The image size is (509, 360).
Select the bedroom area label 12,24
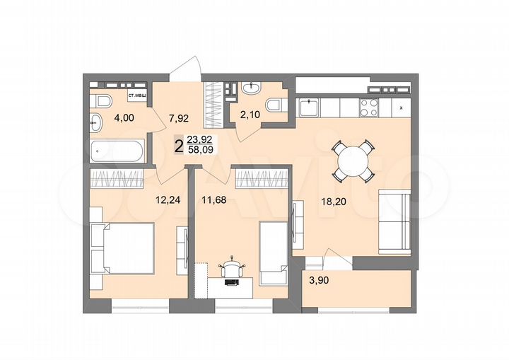click(x=168, y=199)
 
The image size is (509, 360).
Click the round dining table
click(x=353, y=163)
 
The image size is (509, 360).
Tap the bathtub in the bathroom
click(x=117, y=151)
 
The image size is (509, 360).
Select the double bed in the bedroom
click(x=122, y=248)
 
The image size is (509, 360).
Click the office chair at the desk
click(x=233, y=269)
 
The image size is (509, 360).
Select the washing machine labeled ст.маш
click(x=137, y=98)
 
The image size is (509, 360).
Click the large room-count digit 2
click(x=178, y=146)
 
